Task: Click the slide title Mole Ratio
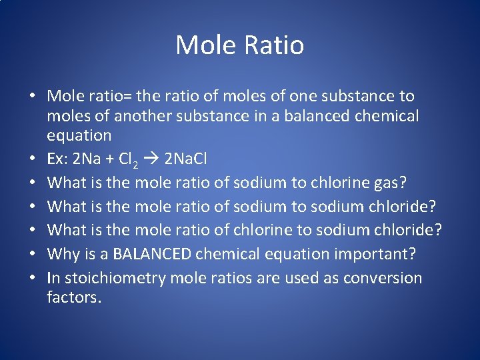click(240, 45)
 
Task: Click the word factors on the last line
click(73, 297)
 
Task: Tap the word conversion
click(382, 278)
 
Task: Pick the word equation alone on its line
click(79, 136)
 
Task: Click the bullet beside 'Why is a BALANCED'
click(32, 254)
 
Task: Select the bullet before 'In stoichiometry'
click(32, 278)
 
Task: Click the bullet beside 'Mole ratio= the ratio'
click(32, 97)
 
